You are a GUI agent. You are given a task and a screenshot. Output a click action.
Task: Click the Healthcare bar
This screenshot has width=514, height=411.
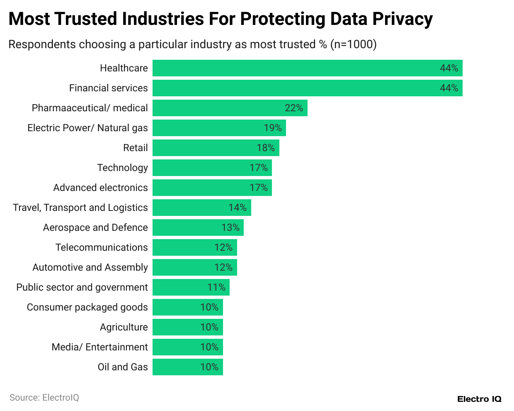click(x=307, y=68)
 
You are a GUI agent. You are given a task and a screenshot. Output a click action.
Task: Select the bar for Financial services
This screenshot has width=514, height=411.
click(x=307, y=88)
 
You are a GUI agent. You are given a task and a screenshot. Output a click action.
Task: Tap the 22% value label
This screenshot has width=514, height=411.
click(x=293, y=108)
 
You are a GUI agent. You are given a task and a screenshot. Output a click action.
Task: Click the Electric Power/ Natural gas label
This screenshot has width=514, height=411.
click(x=87, y=128)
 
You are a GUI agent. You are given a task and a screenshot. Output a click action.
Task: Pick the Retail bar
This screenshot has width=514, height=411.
click(x=216, y=148)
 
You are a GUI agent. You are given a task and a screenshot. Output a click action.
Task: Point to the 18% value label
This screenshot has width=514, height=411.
click(x=266, y=148)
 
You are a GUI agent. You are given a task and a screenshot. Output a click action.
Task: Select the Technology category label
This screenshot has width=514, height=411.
click(x=122, y=168)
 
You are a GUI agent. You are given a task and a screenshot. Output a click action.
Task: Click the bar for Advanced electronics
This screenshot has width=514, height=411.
click(x=212, y=188)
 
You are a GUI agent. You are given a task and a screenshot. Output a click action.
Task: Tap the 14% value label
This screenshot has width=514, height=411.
click(x=238, y=208)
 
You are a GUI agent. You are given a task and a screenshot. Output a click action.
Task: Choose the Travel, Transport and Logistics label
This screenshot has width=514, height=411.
click(x=80, y=208)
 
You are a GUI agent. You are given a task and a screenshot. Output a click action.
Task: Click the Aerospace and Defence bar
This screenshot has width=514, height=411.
click(x=198, y=228)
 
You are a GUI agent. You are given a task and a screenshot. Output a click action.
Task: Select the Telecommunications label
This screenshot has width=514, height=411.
click(x=102, y=247)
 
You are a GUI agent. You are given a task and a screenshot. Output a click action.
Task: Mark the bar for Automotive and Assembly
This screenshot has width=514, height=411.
click(x=194, y=267)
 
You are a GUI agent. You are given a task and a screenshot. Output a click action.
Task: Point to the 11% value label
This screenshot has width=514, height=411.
click(x=216, y=287)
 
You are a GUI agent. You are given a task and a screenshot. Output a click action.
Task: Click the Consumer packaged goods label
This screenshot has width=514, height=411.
click(x=87, y=307)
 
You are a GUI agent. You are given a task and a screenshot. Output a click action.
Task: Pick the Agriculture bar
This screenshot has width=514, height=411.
click(x=187, y=327)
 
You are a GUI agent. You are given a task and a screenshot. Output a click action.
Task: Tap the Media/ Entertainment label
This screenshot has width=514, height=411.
click(x=99, y=347)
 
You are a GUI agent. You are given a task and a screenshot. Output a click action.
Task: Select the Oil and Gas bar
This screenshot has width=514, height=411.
click(x=187, y=367)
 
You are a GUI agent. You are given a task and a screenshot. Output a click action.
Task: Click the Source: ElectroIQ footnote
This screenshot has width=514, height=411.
click(x=44, y=398)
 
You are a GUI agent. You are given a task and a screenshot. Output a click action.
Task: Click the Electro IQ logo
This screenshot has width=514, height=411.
click(x=479, y=399)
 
